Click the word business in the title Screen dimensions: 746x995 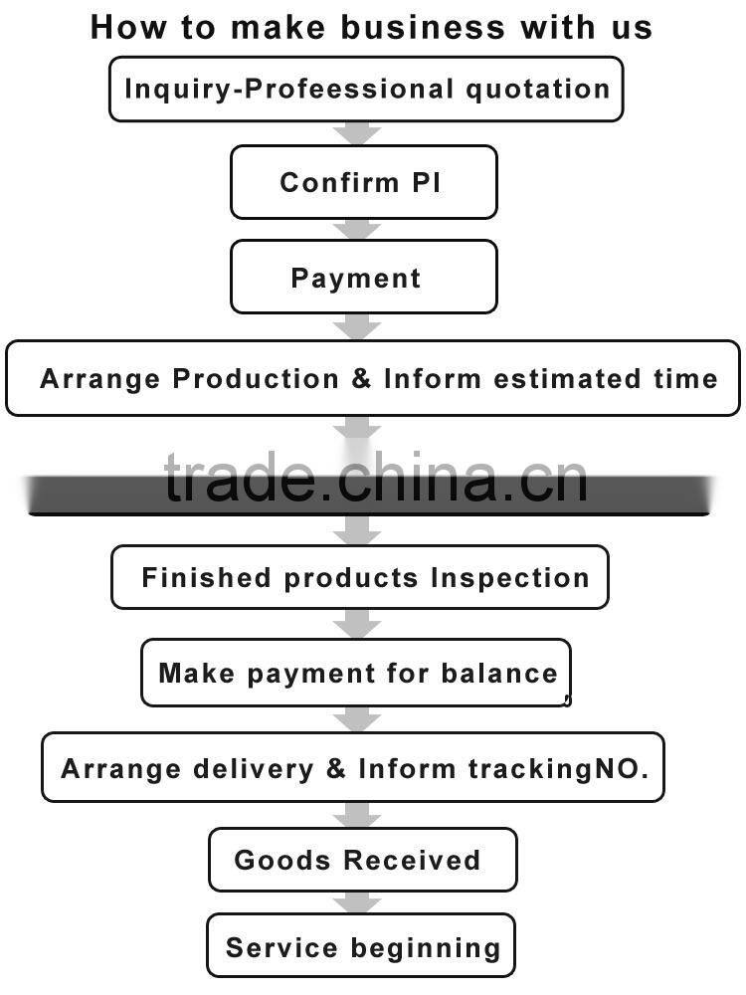click(x=423, y=27)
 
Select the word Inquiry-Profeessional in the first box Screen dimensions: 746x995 click(x=289, y=90)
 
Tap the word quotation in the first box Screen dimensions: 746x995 click(x=538, y=90)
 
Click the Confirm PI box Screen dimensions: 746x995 click(x=363, y=182)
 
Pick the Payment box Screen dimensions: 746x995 click(x=363, y=277)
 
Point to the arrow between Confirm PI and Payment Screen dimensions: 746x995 click(x=357, y=230)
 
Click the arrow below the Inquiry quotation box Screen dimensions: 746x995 click(x=357, y=133)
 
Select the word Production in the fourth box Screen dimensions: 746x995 click(x=256, y=379)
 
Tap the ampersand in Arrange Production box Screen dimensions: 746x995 click(x=361, y=379)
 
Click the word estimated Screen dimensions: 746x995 click(x=567, y=379)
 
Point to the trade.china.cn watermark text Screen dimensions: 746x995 click(x=376, y=478)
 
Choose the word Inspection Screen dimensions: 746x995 click(x=510, y=579)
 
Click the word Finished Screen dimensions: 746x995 click(x=206, y=577)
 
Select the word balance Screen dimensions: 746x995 click(x=499, y=673)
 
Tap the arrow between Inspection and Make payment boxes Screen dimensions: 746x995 click(x=357, y=625)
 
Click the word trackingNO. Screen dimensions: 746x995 click(x=558, y=769)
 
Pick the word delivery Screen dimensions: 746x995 click(x=253, y=769)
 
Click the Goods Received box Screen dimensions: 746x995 click(x=363, y=860)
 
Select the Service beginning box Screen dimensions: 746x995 click(x=361, y=945)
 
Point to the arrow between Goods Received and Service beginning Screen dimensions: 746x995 click(x=357, y=903)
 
